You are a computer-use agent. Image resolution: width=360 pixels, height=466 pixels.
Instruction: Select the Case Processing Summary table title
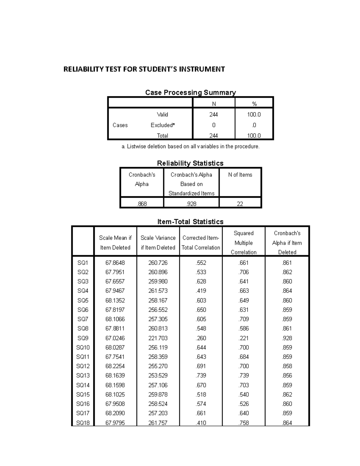click(x=190, y=92)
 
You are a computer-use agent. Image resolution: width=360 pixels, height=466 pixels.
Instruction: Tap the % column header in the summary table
click(x=254, y=104)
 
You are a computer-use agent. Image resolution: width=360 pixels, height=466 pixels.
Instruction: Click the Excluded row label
click(x=162, y=125)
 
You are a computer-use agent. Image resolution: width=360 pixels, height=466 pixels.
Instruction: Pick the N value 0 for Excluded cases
click(x=214, y=125)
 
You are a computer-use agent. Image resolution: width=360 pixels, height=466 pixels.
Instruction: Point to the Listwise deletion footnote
click(x=190, y=146)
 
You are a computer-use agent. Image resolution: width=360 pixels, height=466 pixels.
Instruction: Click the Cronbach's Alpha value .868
click(x=142, y=204)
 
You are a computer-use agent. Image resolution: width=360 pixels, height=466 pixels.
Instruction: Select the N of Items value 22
click(x=240, y=204)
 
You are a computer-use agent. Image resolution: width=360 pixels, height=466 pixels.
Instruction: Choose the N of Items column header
click(x=240, y=175)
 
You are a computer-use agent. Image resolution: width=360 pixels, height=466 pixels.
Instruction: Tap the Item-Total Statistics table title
click(x=190, y=222)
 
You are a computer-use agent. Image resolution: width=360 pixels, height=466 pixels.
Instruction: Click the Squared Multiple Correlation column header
click(x=244, y=243)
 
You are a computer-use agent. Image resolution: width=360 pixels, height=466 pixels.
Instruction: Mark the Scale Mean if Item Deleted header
click(x=115, y=243)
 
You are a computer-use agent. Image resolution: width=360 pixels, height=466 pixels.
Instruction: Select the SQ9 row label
click(x=83, y=338)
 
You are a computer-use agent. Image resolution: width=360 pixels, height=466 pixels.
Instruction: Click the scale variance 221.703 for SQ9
click(x=158, y=338)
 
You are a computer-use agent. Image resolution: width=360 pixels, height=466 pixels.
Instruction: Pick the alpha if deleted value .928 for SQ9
click(x=287, y=338)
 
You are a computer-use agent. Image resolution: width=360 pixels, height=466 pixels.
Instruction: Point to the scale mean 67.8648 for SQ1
click(x=115, y=263)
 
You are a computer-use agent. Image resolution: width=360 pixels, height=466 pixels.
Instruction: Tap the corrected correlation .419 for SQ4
click(x=201, y=291)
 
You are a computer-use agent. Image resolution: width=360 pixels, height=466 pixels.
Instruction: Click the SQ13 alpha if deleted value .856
click(x=287, y=375)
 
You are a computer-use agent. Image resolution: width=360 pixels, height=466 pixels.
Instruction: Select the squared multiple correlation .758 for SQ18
click(x=244, y=423)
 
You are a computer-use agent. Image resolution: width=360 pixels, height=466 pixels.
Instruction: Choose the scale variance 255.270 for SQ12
click(x=158, y=366)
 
